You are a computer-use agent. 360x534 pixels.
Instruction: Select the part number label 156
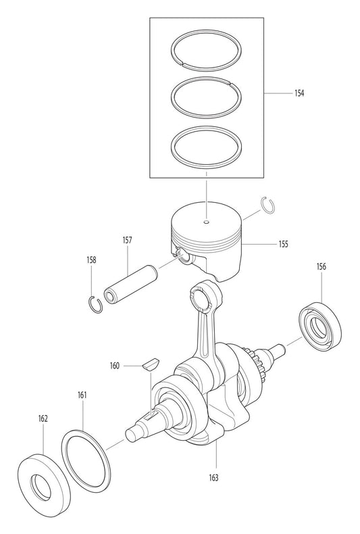pos(322,267)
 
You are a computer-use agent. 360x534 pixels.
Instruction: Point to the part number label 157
pos(127,239)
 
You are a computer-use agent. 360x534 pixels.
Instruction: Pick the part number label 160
pos(115,366)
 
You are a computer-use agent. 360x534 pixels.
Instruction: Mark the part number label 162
pos(43,419)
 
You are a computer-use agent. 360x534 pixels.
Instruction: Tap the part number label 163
pos(214,477)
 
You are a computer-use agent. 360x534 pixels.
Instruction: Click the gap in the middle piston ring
pos(231,83)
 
